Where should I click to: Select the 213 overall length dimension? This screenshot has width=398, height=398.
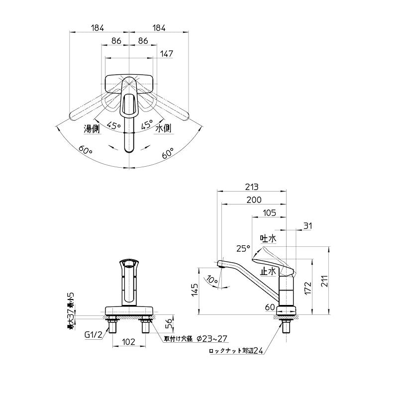(252, 187)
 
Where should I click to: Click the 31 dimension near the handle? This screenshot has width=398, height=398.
(308, 226)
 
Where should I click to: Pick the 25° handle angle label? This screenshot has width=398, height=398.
(243, 248)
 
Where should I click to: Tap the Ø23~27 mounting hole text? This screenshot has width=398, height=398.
(211, 338)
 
